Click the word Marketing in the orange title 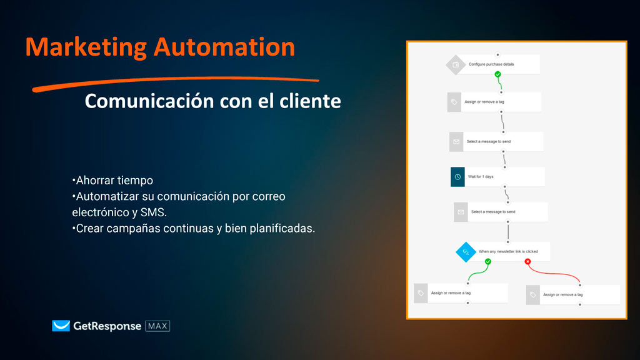86,47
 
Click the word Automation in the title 224,47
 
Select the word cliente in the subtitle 310,101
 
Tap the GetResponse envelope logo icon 61,326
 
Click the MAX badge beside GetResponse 157,326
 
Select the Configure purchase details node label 491,64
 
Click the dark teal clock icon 457,177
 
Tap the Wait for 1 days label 481,177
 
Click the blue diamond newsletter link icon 465,252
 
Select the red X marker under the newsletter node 527,261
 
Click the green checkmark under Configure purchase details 497,74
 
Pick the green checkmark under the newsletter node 487,261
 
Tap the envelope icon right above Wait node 456,142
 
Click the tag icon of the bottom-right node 532,295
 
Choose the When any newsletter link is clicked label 508,251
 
